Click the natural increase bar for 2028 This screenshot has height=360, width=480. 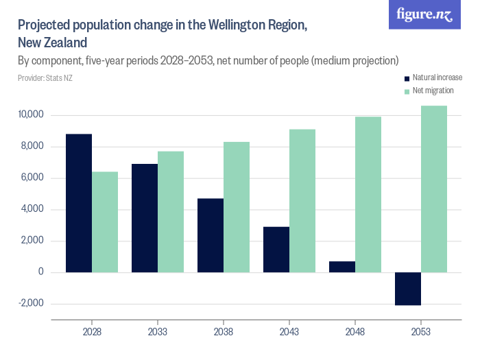tap(79, 203)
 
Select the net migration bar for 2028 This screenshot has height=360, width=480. tap(105, 221)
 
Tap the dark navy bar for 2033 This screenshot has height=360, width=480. tap(145, 218)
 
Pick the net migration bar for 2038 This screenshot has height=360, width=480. tap(237, 207)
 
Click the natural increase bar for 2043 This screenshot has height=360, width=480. tap(276, 249)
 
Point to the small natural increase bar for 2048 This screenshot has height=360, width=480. tap(342, 267)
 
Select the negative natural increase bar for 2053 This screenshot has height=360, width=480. tap(408, 289)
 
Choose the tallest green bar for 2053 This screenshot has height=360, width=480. tap(434, 189)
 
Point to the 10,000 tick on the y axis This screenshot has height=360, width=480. tap(32, 115)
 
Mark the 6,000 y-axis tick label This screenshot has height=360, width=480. tap(33, 178)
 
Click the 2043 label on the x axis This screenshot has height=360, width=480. tap(289, 331)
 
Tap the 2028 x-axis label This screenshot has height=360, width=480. tap(92, 331)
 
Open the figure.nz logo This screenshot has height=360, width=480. tap(425, 14)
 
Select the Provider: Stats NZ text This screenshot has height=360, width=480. tap(45, 77)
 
